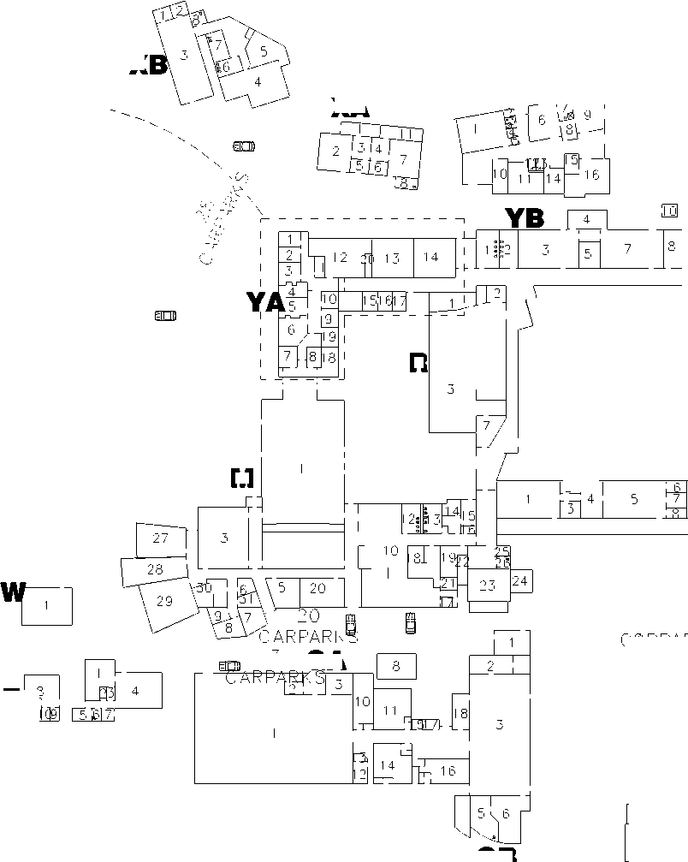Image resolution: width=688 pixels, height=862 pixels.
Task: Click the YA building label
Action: (x=265, y=302)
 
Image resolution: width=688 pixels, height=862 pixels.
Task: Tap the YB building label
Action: (x=525, y=218)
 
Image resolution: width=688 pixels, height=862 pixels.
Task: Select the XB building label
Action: (x=149, y=65)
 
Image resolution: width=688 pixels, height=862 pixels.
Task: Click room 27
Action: (x=161, y=538)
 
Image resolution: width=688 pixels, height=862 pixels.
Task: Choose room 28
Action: (x=155, y=569)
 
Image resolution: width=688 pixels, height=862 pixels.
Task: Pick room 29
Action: (x=163, y=601)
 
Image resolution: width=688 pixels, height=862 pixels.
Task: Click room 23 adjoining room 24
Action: (x=488, y=586)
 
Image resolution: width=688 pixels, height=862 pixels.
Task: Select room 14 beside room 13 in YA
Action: (x=430, y=258)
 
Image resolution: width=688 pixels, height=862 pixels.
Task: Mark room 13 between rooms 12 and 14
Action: (x=392, y=258)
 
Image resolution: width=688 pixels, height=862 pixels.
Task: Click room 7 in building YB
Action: (x=627, y=249)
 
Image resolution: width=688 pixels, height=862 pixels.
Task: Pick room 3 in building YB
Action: (x=545, y=249)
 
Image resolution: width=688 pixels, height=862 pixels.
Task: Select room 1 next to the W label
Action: (x=47, y=606)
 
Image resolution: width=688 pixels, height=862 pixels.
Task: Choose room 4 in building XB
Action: (x=257, y=81)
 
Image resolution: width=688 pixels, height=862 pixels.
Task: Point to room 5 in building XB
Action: (x=264, y=52)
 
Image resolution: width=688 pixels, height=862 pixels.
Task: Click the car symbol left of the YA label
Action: (x=165, y=316)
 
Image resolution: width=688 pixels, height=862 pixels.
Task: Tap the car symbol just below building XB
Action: (x=244, y=146)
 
